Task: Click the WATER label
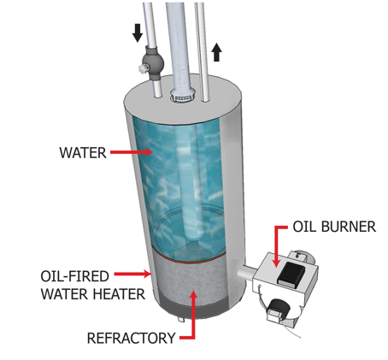coord(83,153)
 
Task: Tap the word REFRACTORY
coord(131,338)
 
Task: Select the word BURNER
coord(348,227)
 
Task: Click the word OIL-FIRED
coord(74,276)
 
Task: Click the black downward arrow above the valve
coord(138,33)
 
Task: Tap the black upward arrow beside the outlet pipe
coord(216,52)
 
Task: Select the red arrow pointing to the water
coord(132,152)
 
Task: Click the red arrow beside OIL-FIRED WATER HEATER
coord(133,274)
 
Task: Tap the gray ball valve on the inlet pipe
coord(154,62)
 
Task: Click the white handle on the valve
coord(142,68)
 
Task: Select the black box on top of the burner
coord(291,274)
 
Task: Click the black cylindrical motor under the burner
coord(279,309)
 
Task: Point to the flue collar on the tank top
coord(182,97)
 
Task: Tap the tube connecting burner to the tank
coord(247,273)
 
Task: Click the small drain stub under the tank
coord(181,320)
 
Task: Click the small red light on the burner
coord(298,257)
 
